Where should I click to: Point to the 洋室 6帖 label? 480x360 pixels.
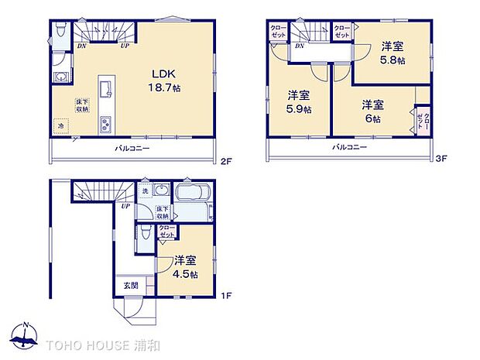[x=373, y=111]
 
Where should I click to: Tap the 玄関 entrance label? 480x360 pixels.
[x=129, y=286]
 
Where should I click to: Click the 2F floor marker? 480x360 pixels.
[x=225, y=162]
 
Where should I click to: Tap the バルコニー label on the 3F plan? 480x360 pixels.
[x=350, y=147]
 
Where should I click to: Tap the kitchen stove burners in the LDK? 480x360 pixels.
[x=106, y=123]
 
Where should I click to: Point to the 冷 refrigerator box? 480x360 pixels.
[x=60, y=125]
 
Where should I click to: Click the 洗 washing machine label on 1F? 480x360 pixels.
[x=144, y=191]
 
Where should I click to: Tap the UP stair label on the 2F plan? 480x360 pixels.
[x=125, y=46]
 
